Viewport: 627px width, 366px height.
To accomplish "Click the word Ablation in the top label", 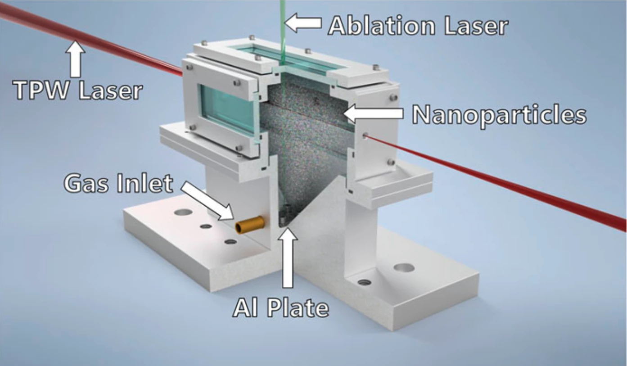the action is pos(382,26).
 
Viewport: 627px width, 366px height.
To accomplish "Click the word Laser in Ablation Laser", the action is pos(476,26).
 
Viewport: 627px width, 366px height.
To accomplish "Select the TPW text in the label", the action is pos(42,90).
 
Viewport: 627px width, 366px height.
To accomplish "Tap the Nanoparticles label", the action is pos(499,115).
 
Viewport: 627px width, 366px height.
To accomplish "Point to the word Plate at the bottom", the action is pos(298,307).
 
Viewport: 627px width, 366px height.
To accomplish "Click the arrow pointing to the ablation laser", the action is pos(303,23).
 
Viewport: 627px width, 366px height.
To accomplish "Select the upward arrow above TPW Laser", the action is pos(75,59).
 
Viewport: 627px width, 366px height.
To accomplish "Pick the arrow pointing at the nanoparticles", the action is pos(373,114).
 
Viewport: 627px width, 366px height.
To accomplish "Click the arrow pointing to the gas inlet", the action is pos(207,200).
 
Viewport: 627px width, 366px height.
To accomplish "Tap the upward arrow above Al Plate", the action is pos(288,258).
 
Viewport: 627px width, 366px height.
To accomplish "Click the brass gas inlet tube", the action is pos(250,225).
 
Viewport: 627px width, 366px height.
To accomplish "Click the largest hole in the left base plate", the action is pos(183,212).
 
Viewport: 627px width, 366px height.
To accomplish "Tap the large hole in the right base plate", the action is pos(404,267).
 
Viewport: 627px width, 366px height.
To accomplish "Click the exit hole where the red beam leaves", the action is pos(365,136).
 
